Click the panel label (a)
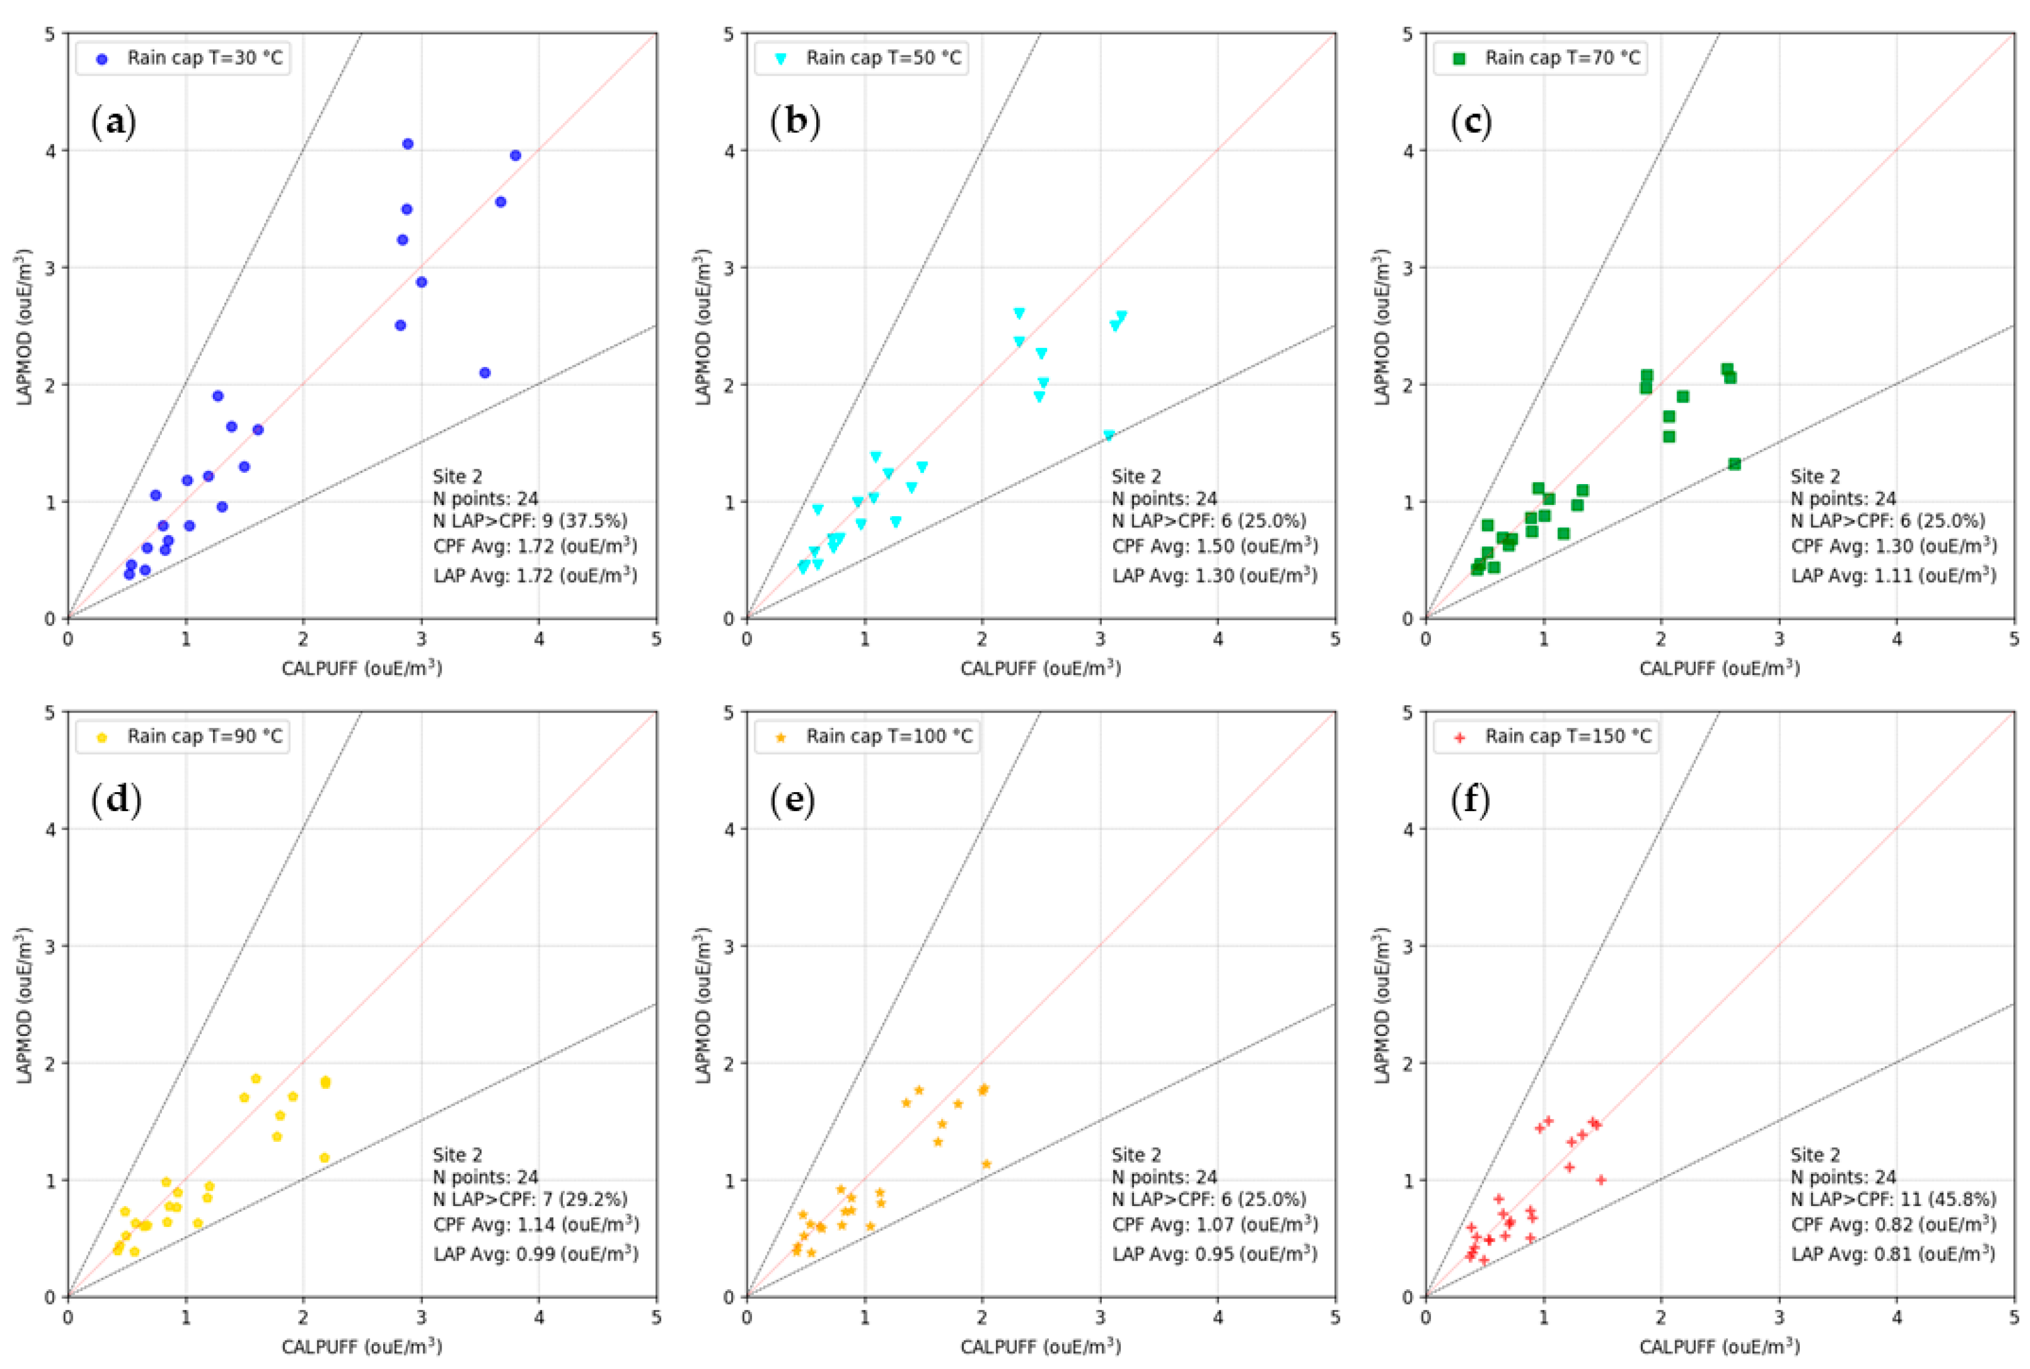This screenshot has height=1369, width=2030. (114, 123)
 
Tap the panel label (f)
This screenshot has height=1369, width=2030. (1471, 800)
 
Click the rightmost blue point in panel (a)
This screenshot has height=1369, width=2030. (515, 155)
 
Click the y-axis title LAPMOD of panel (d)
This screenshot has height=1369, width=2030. (24, 1004)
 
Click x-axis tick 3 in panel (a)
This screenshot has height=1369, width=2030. (421, 640)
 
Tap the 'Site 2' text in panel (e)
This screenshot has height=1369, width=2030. (1136, 1155)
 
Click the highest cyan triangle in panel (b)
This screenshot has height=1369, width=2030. (1019, 313)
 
